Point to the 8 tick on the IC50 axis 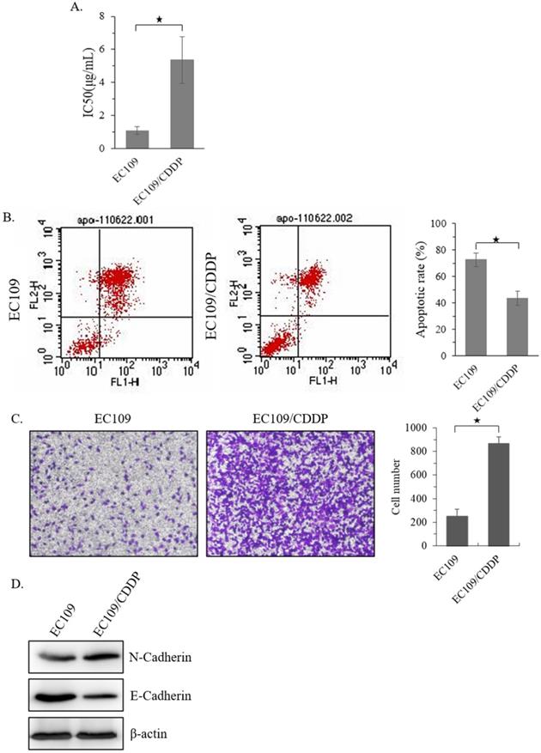[x=125, y=15]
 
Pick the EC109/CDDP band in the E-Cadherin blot [x=113, y=693]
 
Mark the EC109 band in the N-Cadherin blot [x=64, y=658]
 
